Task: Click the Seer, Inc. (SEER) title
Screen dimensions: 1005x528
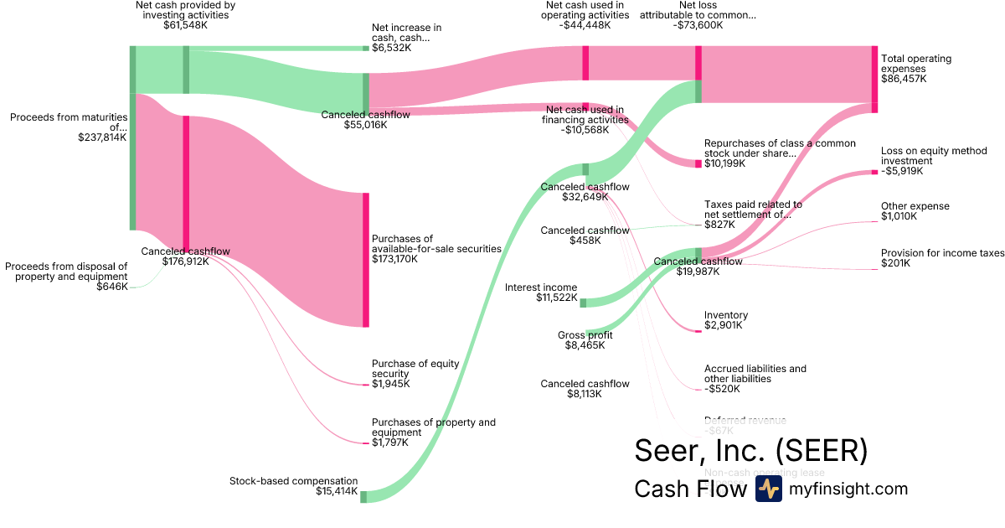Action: pyautogui.click(x=750, y=451)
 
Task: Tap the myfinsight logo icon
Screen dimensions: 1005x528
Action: pyautogui.click(x=768, y=489)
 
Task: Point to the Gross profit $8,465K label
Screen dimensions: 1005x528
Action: pyautogui.click(x=585, y=339)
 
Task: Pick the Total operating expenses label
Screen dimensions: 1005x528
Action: pyautogui.click(x=916, y=69)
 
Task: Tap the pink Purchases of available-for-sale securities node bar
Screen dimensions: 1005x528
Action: pyautogui.click(x=365, y=260)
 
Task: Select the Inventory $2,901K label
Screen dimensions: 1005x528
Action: pyautogui.click(x=725, y=320)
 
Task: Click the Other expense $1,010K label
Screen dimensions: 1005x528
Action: pyautogui.click(x=915, y=210)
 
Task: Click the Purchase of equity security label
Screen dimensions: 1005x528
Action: pyautogui.click(x=415, y=373)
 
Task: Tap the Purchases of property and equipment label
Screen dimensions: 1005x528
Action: pyautogui.click(x=433, y=432)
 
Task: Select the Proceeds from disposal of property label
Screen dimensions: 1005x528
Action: pyautogui.click(x=67, y=276)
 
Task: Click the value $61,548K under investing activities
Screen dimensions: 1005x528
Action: pyautogui.click(x=185, y=25)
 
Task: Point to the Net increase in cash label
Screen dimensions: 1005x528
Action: pyautogui.click(x=406, y=38)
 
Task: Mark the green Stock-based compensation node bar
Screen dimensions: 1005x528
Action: pyautogui.click(x=363, y=497)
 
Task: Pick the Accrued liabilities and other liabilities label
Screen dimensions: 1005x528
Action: pyautogui.click(x=755, y=379)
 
